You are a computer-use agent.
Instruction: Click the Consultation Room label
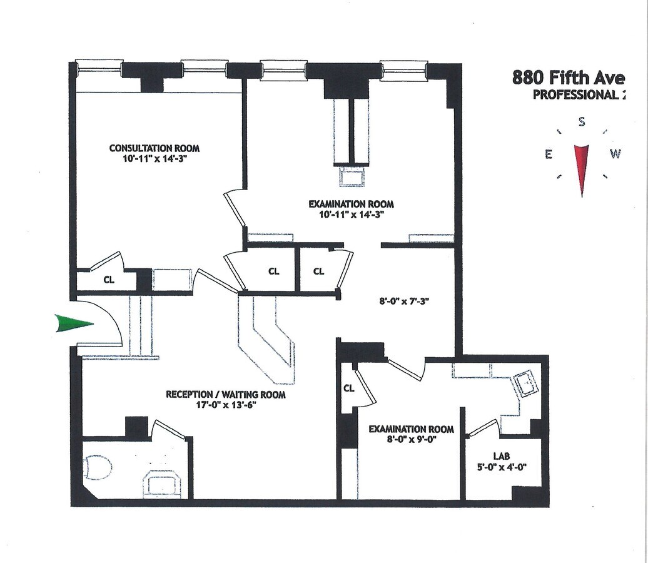tap(154, 148)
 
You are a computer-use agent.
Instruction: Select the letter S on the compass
tap(582, 122)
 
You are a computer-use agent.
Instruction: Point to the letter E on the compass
tap(549, 155)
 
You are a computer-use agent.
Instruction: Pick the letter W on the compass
tap(615, 154)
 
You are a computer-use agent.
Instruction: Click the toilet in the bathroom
tap(98, 467)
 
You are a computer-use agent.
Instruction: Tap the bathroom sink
tap(163, 483)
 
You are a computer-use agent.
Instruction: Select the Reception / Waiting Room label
tap(225, 395)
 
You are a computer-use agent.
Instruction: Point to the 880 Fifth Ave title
tap(568, 78)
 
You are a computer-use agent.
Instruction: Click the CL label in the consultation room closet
tap(109, 280)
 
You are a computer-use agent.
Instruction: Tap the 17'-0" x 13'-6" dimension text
tap(225, 405)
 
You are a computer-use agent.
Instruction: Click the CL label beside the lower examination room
tap(349, 388)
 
